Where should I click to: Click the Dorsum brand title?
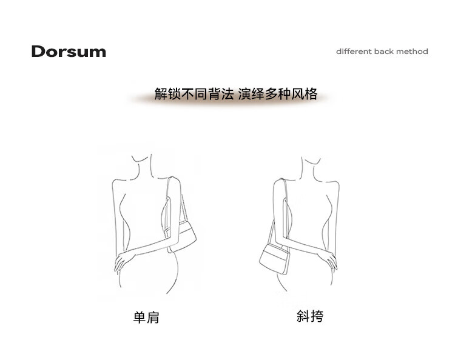(x=69, y=52)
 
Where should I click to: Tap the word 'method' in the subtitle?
(x=413, y=52)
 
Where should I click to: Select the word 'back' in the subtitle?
(x=384, y=52)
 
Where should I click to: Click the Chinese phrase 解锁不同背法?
(x=192, y=95)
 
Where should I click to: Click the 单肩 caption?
(x=146, y=317)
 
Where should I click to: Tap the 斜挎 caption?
(x=310, y=316)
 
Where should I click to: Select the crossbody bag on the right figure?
(x=274, y=257)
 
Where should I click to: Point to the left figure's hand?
(x=123, y=261)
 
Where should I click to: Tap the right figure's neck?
(x=312, y=166)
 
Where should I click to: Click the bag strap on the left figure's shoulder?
(x=176, y=197)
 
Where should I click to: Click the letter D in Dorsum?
(x=38, y=52)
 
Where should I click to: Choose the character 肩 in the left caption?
(x=153, y=317)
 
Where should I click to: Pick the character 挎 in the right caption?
(x=317, y=316)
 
